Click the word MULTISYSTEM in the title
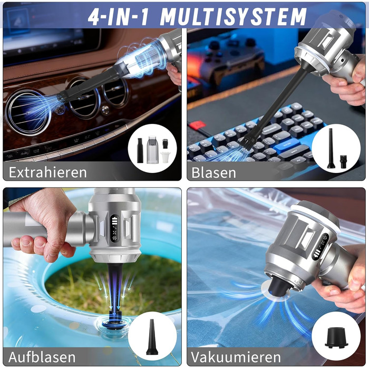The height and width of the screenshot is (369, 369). [234, 17]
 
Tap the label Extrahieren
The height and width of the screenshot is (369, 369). [48, 172]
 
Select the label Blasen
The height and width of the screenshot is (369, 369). [213, 172]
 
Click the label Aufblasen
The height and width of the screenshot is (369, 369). [42, 357]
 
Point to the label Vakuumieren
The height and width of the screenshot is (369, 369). [236, 357]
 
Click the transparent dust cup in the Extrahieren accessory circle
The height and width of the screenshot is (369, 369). [152, 150]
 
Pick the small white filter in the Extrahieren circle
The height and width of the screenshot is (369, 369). [165, 157]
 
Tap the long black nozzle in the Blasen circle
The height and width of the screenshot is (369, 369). [331, 148]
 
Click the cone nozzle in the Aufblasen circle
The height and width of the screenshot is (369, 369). [151, 337]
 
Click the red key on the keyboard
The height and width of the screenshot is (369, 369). [197, 125]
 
